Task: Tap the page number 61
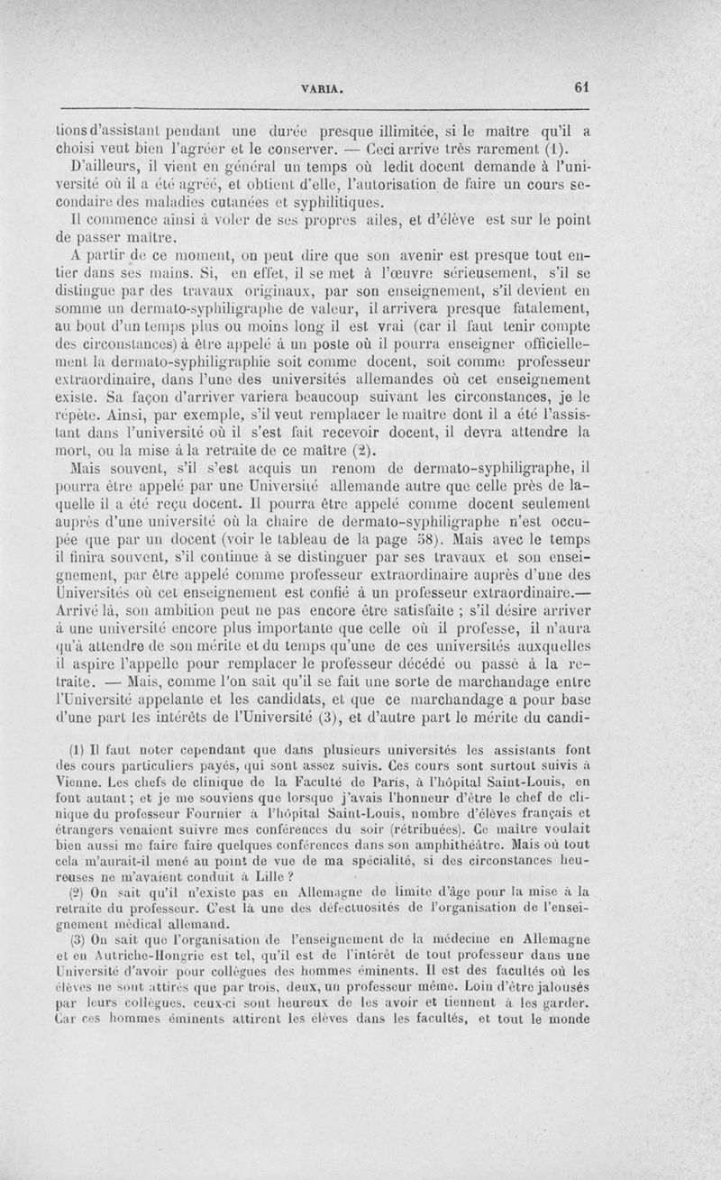tap(580, 88)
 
